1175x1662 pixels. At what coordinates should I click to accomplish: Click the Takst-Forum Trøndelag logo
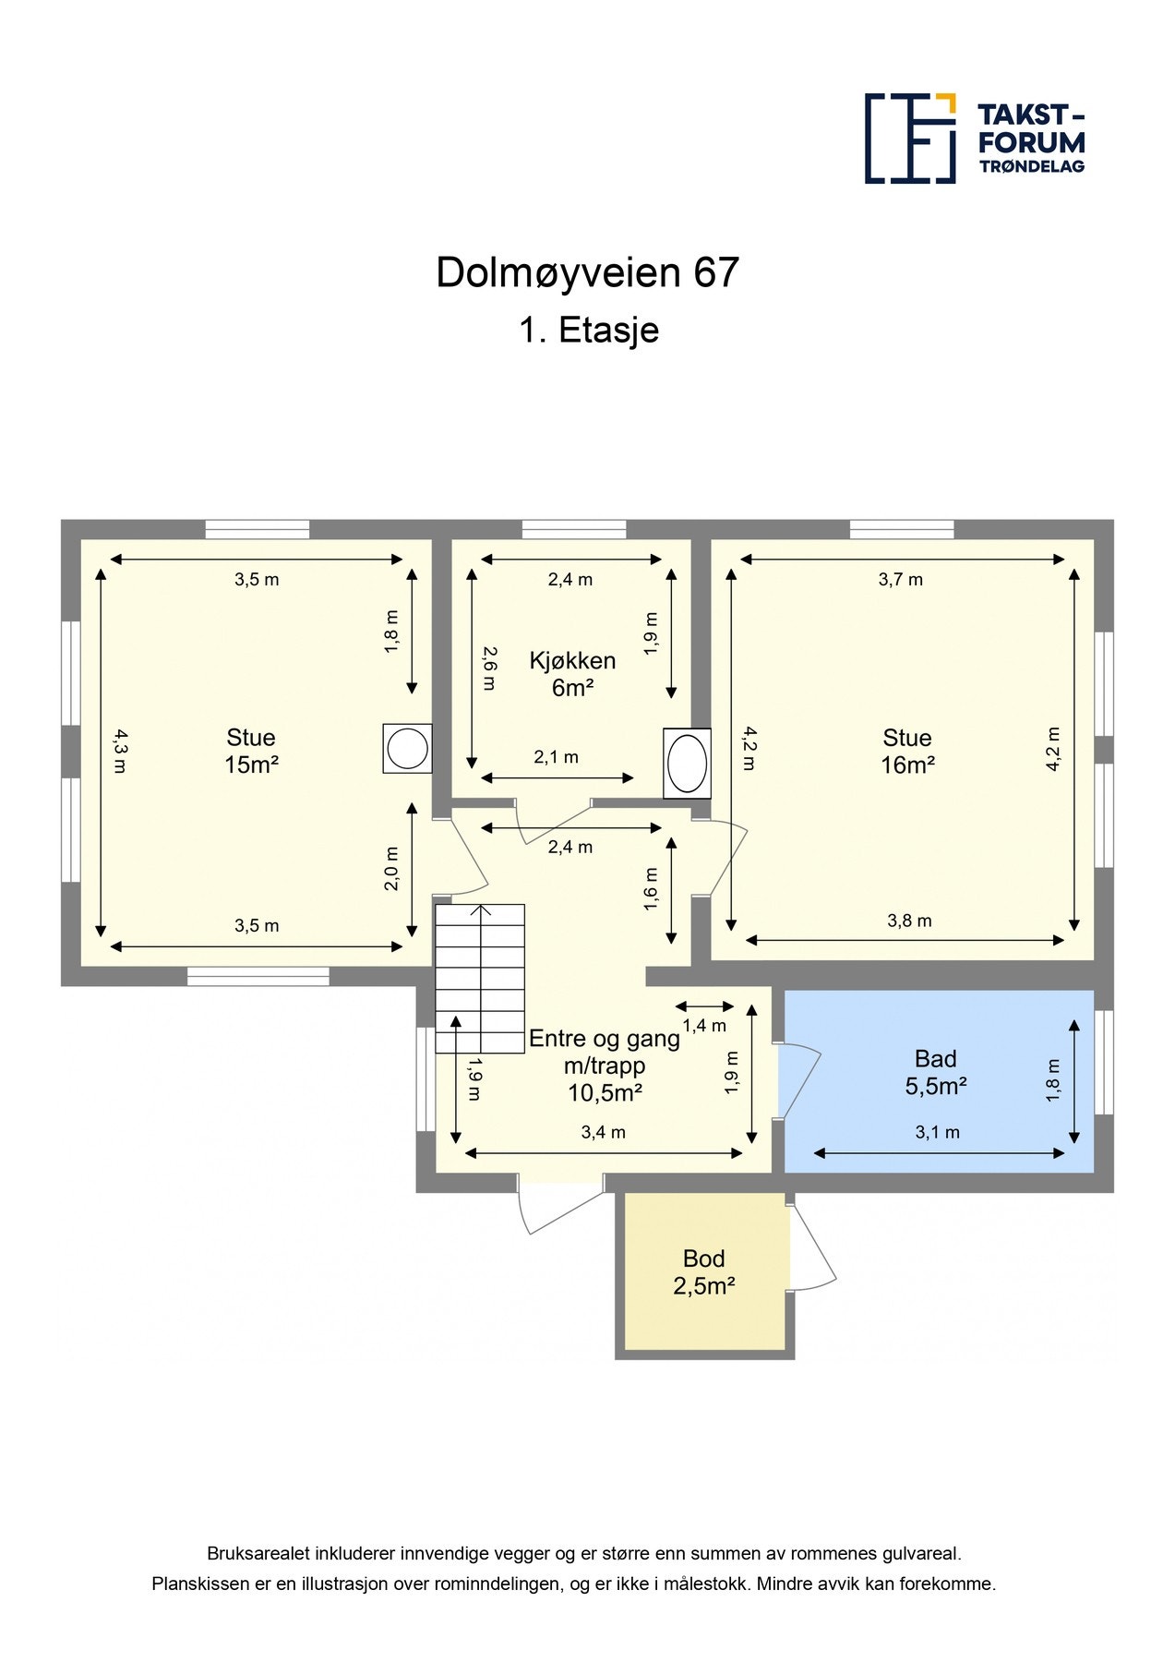[x=974, y=138]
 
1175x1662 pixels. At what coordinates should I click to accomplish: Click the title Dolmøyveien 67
[x=587, y=272]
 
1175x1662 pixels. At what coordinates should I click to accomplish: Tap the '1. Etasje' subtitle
[x=588, y=330]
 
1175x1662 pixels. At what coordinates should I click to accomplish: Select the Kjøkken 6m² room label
[x=572, y=674]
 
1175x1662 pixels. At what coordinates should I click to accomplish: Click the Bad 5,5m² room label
[x=935, y=1072]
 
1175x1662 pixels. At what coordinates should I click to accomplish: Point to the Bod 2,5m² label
[x=703, y=1271]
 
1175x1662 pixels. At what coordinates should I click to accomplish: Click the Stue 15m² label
[x=251, y=751]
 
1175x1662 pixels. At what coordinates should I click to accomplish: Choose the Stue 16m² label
[x=907, y=751]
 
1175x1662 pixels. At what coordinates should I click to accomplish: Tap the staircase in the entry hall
[x=480, y=979]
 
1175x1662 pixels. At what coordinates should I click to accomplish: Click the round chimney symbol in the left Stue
[x=407, y=748]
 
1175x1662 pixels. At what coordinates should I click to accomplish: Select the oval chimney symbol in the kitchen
[x=687, y=763]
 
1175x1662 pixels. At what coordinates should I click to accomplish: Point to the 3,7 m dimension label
[x=900, y=580]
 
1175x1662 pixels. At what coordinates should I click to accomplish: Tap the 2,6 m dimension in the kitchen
[x=489, y=668]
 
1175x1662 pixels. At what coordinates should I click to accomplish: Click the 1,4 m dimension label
[x=704, y=1025]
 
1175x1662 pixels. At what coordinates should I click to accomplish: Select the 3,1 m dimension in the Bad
[x=937, y=1132]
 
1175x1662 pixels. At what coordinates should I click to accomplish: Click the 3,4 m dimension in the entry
[x=603, y=1132]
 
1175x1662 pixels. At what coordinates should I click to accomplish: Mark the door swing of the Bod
[x=814, y=1246]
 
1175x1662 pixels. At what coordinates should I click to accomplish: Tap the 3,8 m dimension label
[x=909, y=921]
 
